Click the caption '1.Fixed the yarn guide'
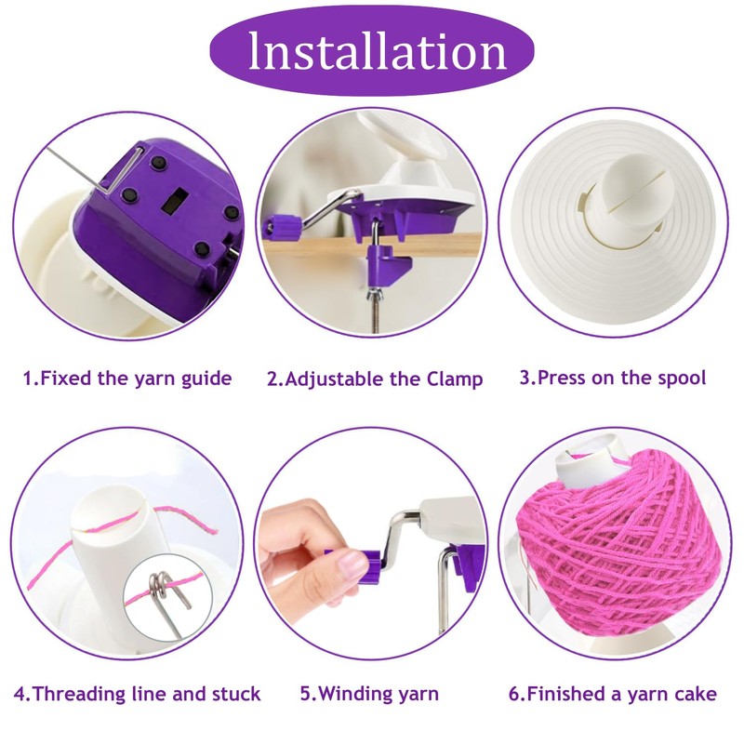[x=127, y=379]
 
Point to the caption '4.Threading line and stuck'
[x=137, y=694]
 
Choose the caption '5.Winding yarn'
[x=369, y=694]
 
